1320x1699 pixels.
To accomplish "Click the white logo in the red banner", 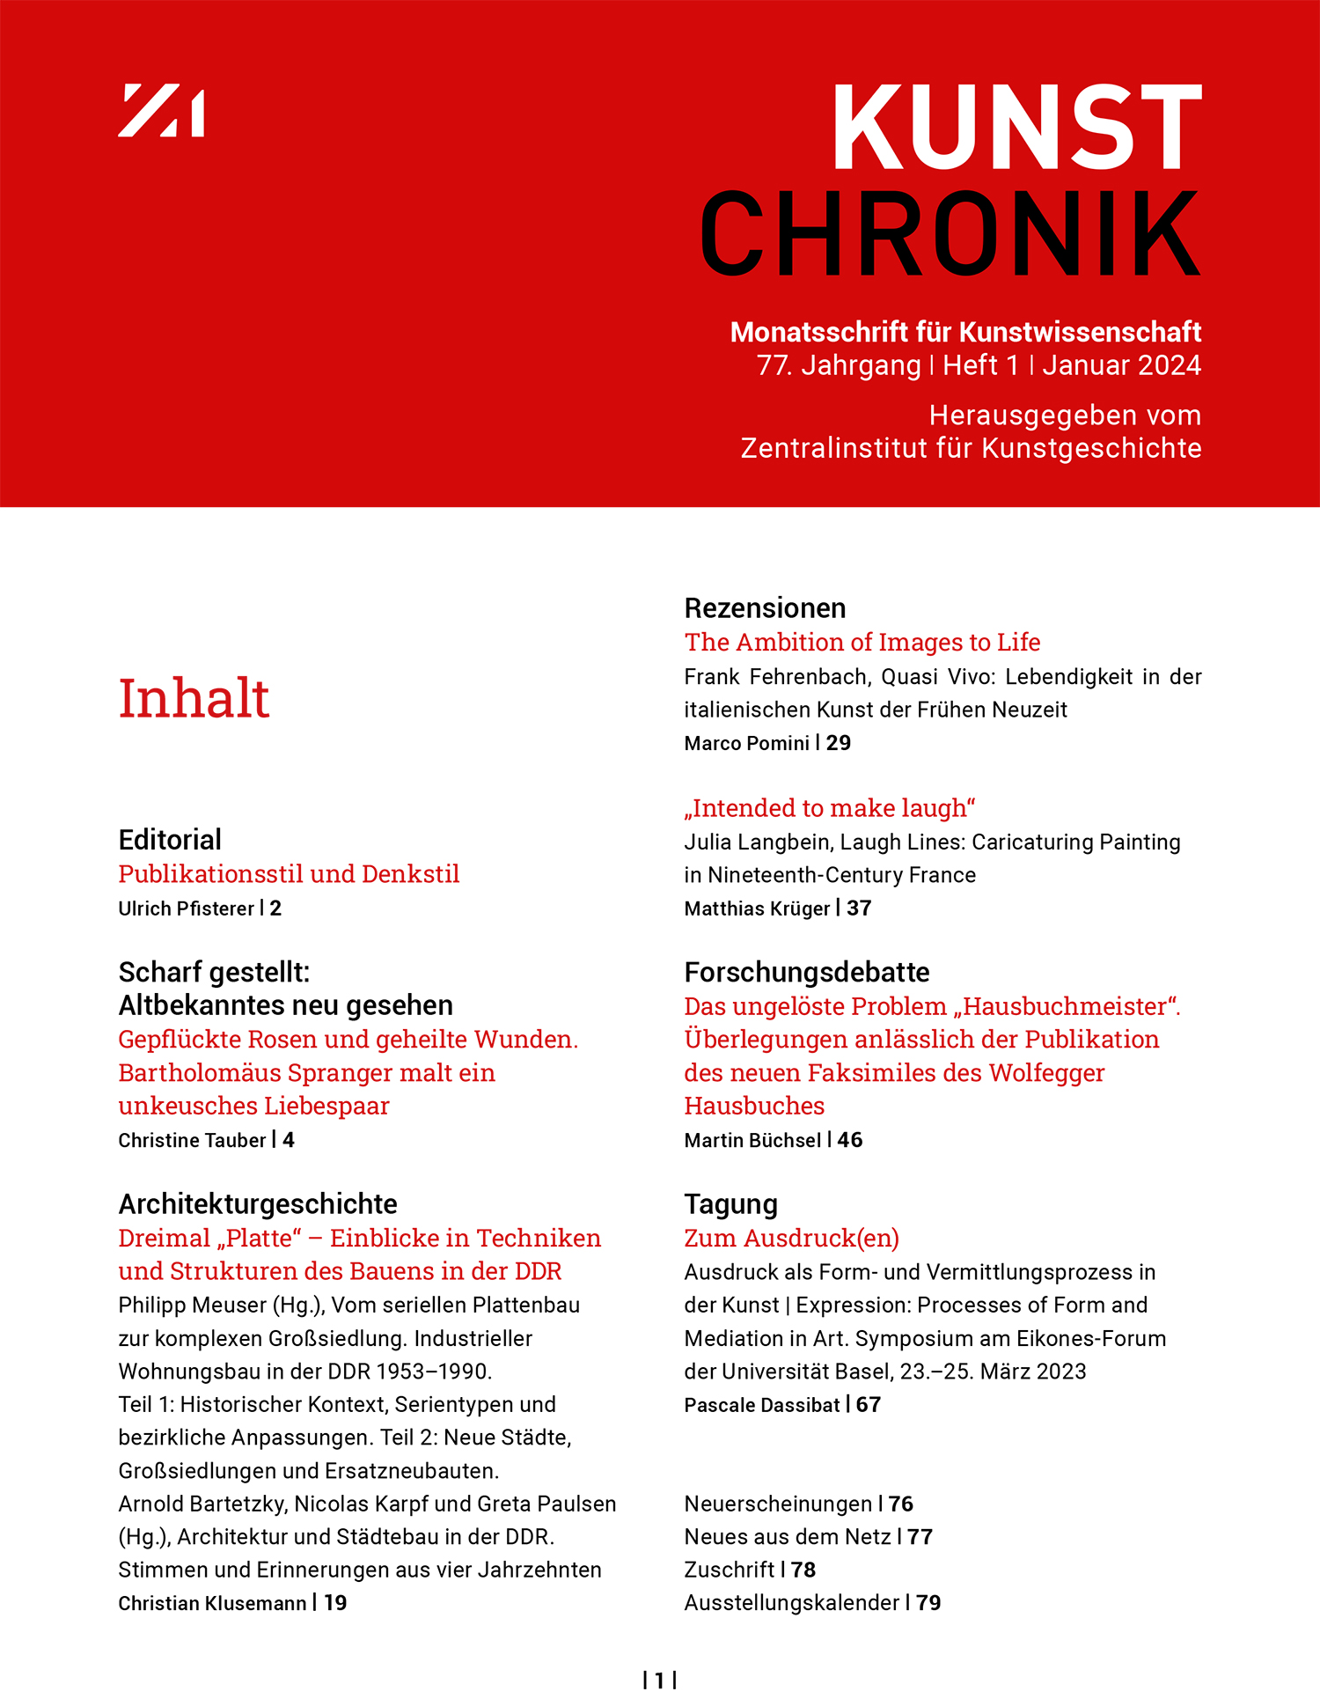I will click(161, 111).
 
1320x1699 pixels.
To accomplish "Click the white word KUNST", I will click(1016, 128).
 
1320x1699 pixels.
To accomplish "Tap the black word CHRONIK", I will click(950, 234).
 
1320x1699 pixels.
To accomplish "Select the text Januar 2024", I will click(1121, 365).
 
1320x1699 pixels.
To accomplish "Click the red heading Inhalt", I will click(194, 699).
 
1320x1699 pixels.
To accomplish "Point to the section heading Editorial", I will click(170, 840).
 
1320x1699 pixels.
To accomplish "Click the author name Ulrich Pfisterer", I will click(186, 908).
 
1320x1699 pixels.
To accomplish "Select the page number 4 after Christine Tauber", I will click(289, 1140).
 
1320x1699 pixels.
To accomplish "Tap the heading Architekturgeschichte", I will click(258, 1203).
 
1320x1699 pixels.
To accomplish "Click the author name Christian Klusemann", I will click(212, 1603).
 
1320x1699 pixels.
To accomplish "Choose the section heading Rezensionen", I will click(765, 608).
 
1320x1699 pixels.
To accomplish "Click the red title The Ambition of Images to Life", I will click(862, 643).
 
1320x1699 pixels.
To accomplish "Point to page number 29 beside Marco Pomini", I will click(839, 743).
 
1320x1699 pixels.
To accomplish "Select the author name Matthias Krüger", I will click(757, 908).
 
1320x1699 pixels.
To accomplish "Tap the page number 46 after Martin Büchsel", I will click(850, 1140).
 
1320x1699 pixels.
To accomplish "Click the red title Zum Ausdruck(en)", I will click(792, 1239).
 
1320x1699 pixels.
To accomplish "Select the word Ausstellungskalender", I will click(791, 1603).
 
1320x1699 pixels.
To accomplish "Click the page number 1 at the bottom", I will click(660, 1681).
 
